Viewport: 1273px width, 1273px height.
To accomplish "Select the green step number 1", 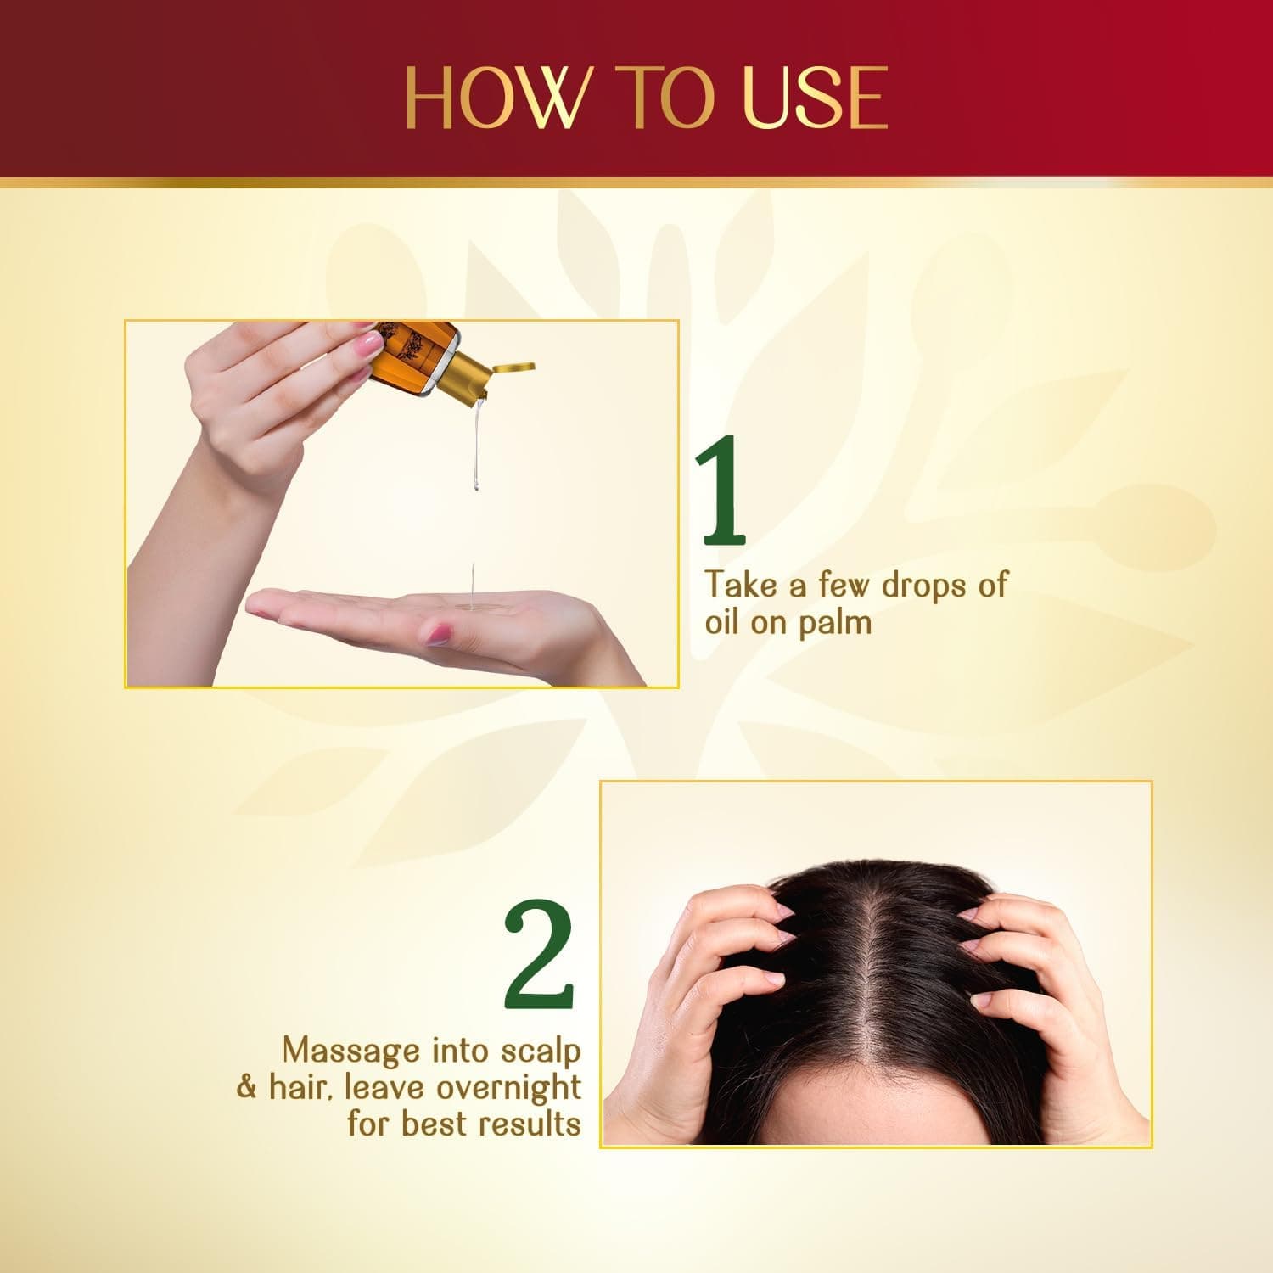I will tap(721, 492).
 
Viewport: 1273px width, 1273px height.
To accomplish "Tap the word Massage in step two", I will tap(352, 1051).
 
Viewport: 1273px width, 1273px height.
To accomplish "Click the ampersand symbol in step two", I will tap(246, 1088).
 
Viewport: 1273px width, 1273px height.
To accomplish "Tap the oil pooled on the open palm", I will tap(469, 606).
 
